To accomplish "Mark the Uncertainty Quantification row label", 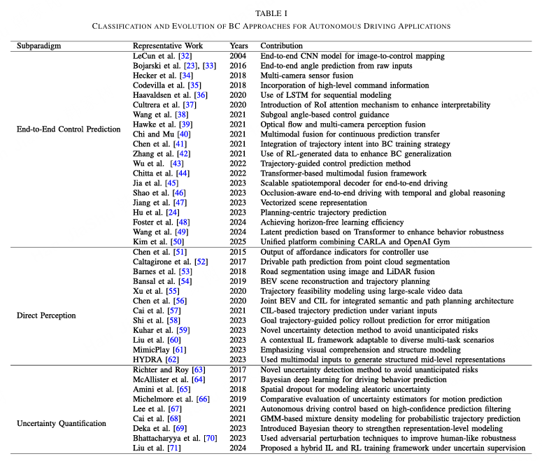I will [62, 423].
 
